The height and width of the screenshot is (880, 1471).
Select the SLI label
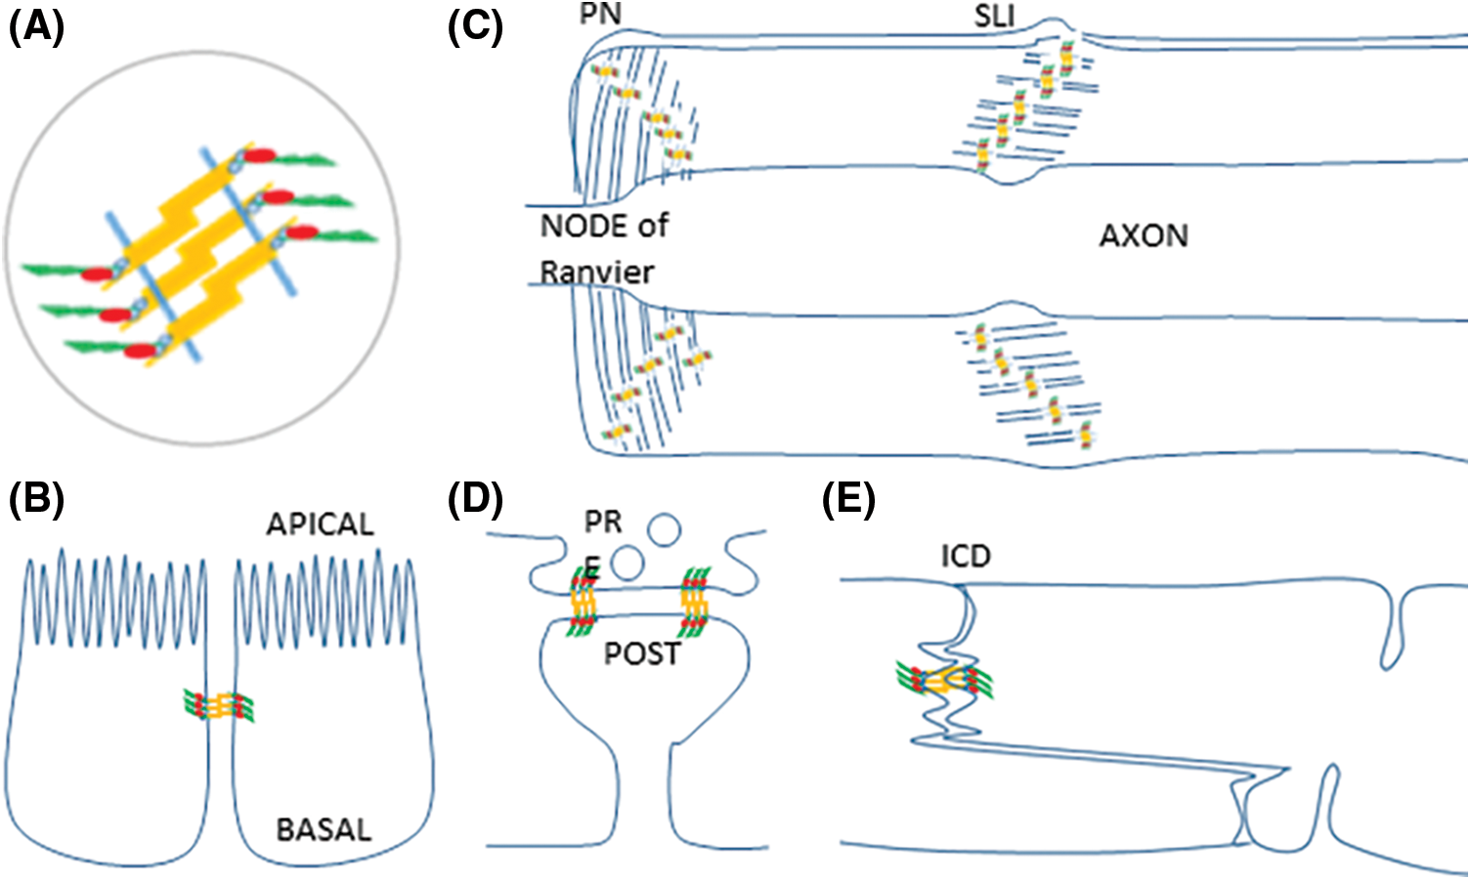[994, 17]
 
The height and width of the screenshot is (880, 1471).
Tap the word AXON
[1144, 236]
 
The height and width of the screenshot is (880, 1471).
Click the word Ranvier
[597, 272]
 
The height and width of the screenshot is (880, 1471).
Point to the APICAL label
[320, 524]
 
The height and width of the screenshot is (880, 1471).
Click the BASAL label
[324, 830]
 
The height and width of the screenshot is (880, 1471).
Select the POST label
[641, 653]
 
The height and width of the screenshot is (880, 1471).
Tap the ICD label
[966, 557]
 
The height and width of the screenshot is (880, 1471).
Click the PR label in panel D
[603, 523]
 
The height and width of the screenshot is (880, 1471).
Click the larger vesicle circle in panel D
[664, 530]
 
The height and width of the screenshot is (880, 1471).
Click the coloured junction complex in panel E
[944, 680]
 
